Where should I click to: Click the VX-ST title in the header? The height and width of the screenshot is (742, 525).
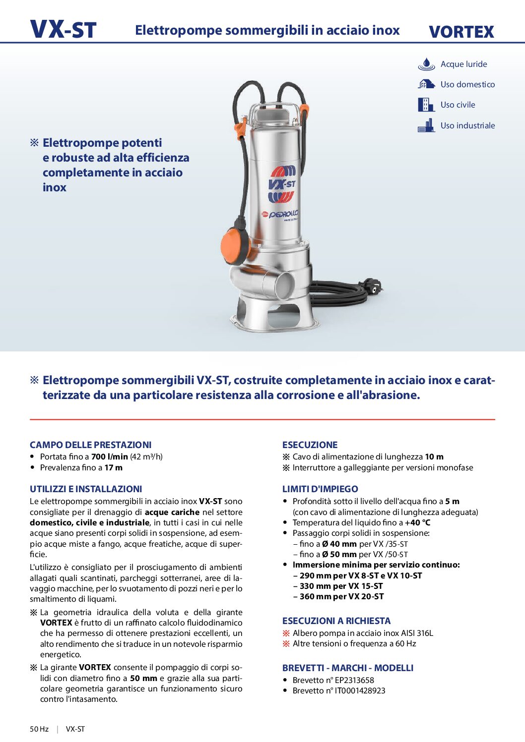pyautogui.click(x=63, y=30)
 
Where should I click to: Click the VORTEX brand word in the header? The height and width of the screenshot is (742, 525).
pyautogui.click(x=461, y=32)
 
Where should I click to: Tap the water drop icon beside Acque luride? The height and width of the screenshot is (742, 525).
pyautogui.click(x=426, y=64)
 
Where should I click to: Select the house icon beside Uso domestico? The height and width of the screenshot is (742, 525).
pyautogui.click(x=426, y=84)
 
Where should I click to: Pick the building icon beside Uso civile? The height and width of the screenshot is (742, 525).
pyautogui.click(x=426, y=105)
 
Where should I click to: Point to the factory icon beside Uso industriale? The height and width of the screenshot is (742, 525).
pyautogui.click(x=426, y=125)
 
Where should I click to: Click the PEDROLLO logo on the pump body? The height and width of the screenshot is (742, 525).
pyautogui.click(x=281, y=214)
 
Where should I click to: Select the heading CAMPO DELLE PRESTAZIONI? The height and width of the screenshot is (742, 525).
pyautogui.click(x=90, y=445)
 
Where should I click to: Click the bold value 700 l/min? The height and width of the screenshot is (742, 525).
pyautogui.click(x=110, y=457)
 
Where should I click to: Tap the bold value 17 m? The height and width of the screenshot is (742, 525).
pyautogui.click(x=113, y=467)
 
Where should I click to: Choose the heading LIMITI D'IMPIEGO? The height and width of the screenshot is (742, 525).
pyautogui.click(x=320, y=489)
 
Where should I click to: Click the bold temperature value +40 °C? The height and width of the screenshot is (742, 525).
pyautogui.click(x=417, y=522)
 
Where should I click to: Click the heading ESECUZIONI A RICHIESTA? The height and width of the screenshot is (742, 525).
pyautogui.click(x=336, y=621)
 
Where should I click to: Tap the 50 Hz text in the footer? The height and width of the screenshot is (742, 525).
pyautogui.click(x=39, y=729)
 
